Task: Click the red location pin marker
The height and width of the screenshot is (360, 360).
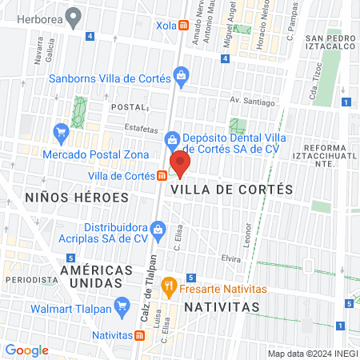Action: pyautogui.click(x=180, y=163)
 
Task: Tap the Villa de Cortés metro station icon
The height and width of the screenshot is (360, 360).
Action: pyautogui.click(x=162, y=176)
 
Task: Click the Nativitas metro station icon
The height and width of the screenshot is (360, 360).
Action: pyautogui.click(x=140, y=335)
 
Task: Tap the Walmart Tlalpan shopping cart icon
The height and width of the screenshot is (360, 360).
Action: pyautogui.click(x=122, y=305)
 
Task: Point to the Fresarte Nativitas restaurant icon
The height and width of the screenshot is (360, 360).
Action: pyautogui.click(x=168, y=284)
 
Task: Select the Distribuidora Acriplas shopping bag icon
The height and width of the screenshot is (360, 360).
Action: pyautogui.click(x=158, y=230)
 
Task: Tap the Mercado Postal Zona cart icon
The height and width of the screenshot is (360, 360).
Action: pyautogui.click(x=61, y=130)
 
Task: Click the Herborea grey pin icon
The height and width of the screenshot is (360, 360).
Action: pyautogui.click(x=74, y=15)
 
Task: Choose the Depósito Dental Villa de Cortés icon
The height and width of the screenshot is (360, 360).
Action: pyautogui.click(x=171, y=141)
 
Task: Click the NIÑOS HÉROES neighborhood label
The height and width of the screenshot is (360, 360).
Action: pyautogui.click(x=77, y=197)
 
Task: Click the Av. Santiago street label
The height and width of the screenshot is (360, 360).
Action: pyautogui.click(x=252, y=102)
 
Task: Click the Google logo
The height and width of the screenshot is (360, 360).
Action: pyautogui.click(x=26, y=350)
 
